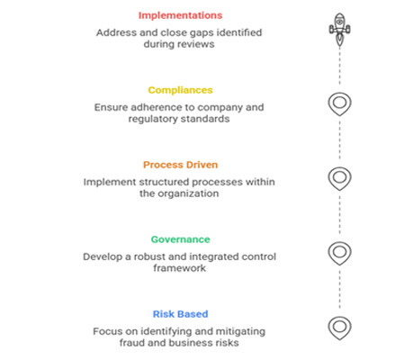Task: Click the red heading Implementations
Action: click(180, 15)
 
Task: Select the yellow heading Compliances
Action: click(180, 90)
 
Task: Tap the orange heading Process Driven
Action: click(180, 165)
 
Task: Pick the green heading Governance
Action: click(180, 239)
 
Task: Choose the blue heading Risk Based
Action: click(180, 314)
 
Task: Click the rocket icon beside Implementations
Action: click(339, 29)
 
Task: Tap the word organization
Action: click(188, 193)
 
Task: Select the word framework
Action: click(180, 268)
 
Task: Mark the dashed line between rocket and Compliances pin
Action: click(339, 66)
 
